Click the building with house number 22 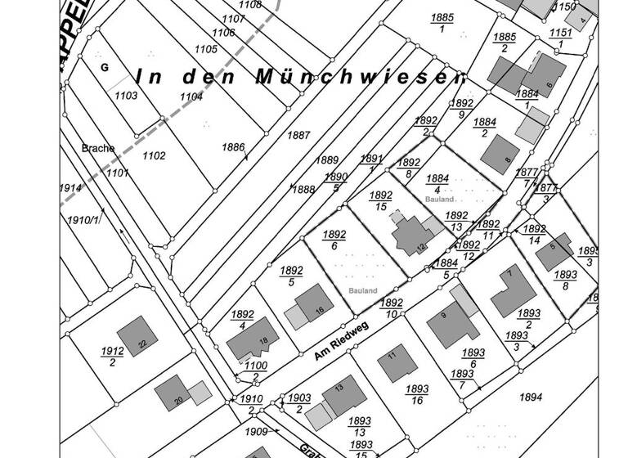[x=137, y=336]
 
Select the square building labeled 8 [x=500, y=153]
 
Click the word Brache [x=98, y=149]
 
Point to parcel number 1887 [x=300, y=135]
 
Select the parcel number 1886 [x=233, y=147]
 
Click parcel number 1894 [x=531, y=397]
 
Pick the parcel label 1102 [x=154, y=155]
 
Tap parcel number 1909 [x=256, y=431]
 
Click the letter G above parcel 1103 [x=105, y=66]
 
